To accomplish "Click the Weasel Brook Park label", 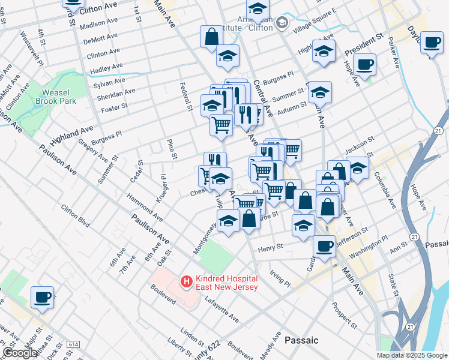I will point(59,97).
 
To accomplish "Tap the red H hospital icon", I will point(186,281).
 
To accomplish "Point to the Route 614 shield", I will point(74,344).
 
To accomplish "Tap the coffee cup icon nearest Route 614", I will point(43,297).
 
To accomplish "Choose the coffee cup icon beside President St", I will point(365,64).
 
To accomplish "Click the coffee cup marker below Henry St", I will point(325,245).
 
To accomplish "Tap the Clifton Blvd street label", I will point(75,217).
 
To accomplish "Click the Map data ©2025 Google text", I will point(412,355).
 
